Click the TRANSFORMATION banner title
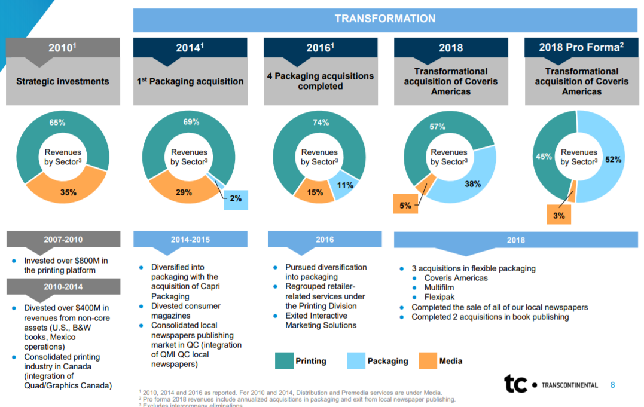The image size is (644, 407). [384, 19]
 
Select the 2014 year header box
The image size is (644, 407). [190, 48]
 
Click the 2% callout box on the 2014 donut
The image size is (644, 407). [236, 198]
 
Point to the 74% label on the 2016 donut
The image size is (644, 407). [321, 123]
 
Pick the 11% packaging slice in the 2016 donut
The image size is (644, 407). [345, 185]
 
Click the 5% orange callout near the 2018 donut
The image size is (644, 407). [405, 205]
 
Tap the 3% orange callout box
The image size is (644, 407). [558, 215]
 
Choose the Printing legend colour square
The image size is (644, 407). [283, 360]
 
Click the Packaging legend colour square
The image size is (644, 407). [355, 360]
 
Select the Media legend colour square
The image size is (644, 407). [428, 360]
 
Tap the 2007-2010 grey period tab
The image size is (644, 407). [63, 240]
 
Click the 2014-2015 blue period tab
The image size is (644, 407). [190, 240]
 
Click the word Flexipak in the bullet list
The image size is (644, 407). [440, 297]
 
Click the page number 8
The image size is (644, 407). [612, 384]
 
